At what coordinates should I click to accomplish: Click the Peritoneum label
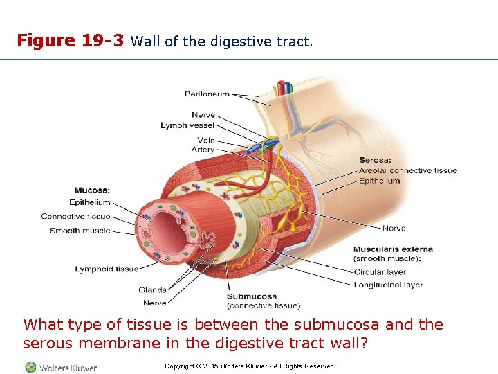coord(207,94)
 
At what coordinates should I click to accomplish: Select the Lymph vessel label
coord(187,125)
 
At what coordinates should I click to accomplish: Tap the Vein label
coord(205,141)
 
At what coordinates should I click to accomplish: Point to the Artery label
coord(203,150)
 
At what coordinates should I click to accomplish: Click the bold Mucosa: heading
coord(92,190)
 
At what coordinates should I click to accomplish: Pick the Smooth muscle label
coord(80,231)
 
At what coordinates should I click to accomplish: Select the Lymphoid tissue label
coord(107,269)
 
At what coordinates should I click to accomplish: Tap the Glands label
coord(152,290)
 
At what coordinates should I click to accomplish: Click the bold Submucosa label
coord(251,297)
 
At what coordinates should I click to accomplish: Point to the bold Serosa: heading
coord(375,161)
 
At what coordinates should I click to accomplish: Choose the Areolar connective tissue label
coord(407,170)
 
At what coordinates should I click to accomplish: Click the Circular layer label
coord(380,272)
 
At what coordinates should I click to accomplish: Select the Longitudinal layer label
coord(388,285)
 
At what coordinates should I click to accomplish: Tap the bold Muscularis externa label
coord(393,249)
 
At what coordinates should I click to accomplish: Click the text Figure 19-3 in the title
coord(71,41)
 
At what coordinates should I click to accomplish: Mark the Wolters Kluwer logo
coord(61,367)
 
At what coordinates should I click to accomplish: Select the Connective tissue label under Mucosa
coord(75,217)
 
